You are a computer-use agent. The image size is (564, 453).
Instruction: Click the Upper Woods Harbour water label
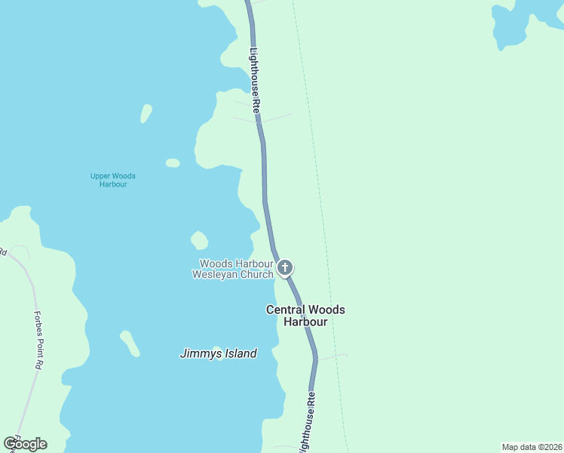coord(113,180)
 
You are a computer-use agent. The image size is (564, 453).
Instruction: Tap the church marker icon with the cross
coord(285,267)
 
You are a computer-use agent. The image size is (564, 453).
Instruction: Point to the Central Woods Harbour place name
coord(305,316)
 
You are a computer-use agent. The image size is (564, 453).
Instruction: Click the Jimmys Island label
coord(219,353)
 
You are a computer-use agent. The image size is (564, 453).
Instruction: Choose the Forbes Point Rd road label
coord(37,340)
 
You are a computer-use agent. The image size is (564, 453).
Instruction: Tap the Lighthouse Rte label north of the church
coord(255,81)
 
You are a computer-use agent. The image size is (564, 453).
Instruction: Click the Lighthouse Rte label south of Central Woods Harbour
coord(307,423)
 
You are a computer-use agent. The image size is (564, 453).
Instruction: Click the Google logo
coord(25,444)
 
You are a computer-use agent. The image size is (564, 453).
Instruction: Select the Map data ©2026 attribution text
coord(532,446)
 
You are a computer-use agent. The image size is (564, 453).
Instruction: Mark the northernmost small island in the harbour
coord(146,113)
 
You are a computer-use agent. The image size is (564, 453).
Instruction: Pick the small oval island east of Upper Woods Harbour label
coord(173,162)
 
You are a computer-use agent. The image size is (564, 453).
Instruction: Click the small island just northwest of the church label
coord(199,240)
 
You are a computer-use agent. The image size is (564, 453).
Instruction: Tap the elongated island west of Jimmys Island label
coord(130,343)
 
